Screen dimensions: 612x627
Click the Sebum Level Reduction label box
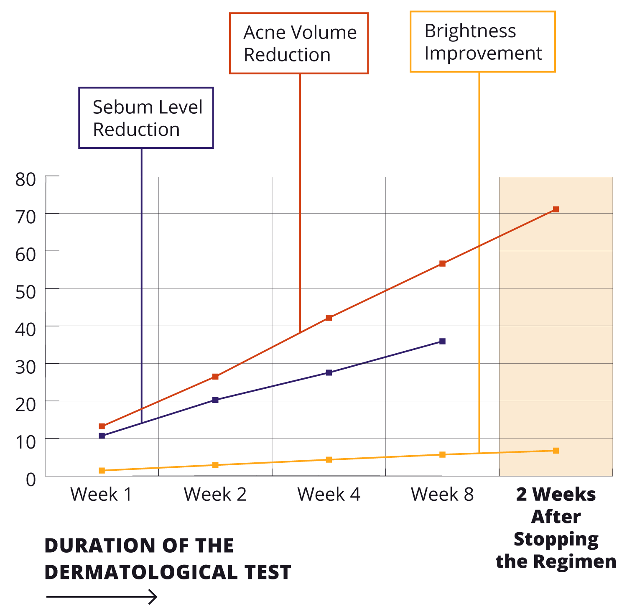tap(146, 118)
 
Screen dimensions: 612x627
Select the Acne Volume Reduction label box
tap(299, 43)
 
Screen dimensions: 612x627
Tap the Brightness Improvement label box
tap(482, 42)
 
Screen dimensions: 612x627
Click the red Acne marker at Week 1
tap(102, 426)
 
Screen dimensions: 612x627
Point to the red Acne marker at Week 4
tap(329, 318)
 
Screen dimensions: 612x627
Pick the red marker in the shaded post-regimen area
tap(556, 209)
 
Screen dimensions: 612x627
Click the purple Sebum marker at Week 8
tap(443, 342)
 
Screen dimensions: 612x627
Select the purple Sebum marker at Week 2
tap(215, 400)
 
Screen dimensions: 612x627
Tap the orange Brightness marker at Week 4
tap(329, 460)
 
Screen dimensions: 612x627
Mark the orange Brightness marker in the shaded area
tap(556, 451)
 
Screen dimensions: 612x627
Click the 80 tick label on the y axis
tap(25, 180)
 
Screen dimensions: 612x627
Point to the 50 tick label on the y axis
tap(25, 292)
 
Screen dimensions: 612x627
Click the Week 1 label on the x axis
tap(101, 495)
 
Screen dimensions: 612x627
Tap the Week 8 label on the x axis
tap(442, 495)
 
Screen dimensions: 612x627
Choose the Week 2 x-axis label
tap(215, 495)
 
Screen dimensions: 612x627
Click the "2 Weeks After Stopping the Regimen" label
tap(556, 528)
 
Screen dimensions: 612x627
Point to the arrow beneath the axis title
tap(102, 597)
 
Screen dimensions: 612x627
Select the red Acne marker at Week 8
tap(443, 264)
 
